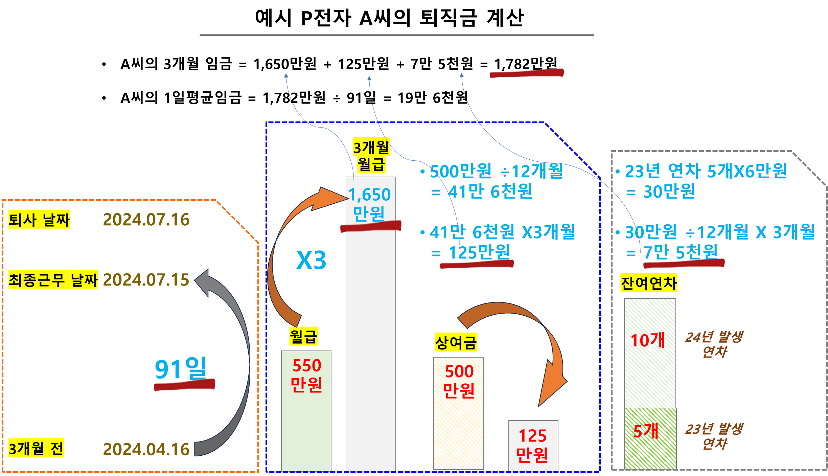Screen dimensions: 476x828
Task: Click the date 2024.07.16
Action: tap(146, 220)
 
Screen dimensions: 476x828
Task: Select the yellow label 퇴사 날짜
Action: tap(39, 220)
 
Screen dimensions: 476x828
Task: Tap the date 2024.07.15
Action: tap(146, 280)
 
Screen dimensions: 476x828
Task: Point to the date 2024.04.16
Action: tap(146, 449)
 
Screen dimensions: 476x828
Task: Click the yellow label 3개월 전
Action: tap(36, 449)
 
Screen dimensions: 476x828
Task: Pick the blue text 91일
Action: tap(180, 369)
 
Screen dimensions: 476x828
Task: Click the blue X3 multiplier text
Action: tap(311, 260)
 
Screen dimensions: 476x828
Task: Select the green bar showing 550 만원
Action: tap(306, 411)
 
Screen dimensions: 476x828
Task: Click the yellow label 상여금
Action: tap(456, 342)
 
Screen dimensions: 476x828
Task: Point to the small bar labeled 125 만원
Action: tap(533, 446)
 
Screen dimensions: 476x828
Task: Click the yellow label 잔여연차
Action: tap(649, 283)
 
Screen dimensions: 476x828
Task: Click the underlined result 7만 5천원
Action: tap(680, 252)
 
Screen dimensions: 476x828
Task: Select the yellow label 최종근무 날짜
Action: tap(53, 279)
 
